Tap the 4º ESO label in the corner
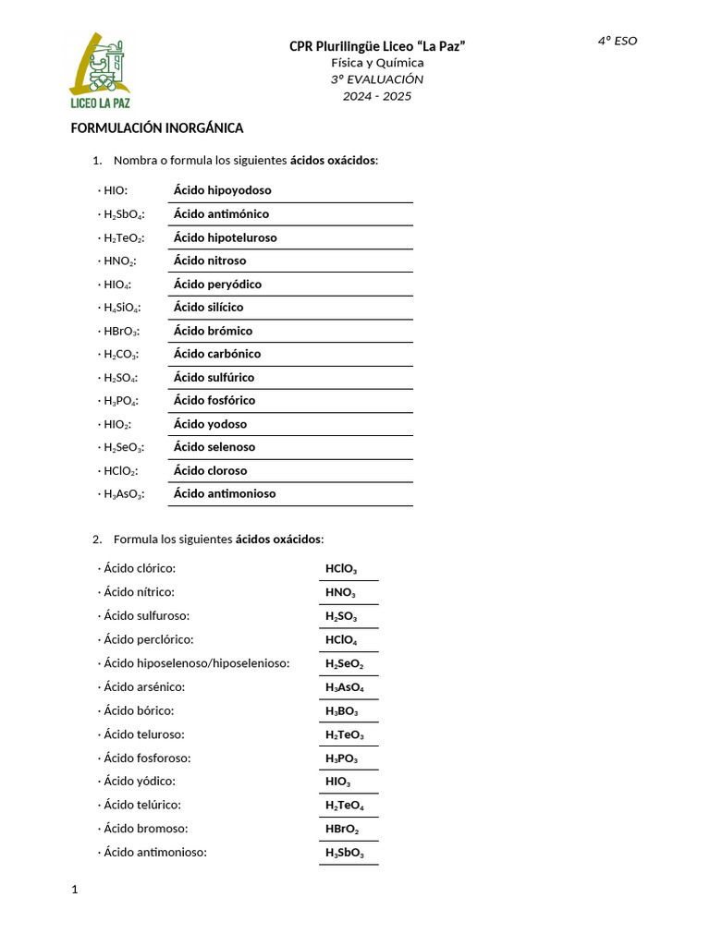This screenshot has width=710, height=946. coord(617,41)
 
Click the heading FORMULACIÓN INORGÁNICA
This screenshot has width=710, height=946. coord(157,128)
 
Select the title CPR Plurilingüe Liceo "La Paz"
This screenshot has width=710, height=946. coord(377,46)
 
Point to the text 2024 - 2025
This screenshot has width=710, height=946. coord(377,96)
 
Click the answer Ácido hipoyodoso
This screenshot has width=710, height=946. coord(223,190)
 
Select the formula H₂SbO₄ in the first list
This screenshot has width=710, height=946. coord(121,214)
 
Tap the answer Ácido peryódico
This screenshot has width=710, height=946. coord(217,285)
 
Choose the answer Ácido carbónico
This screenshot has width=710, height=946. coord(217,354)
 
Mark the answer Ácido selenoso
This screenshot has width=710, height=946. coord(214,447)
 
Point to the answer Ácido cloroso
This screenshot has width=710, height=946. coord(211,470)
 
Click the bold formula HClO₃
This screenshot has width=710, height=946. coord(341,569)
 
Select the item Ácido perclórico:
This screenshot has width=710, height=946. coord(148,639)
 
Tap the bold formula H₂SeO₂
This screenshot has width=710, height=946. coord(344,664)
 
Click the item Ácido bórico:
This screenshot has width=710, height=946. coord(139,710)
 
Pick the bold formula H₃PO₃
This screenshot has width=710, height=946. coord(342,758)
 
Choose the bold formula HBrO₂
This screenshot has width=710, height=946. coord(341,829)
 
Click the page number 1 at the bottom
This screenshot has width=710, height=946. coord(75,890)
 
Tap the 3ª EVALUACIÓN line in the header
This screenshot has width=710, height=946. coord(377,79)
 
